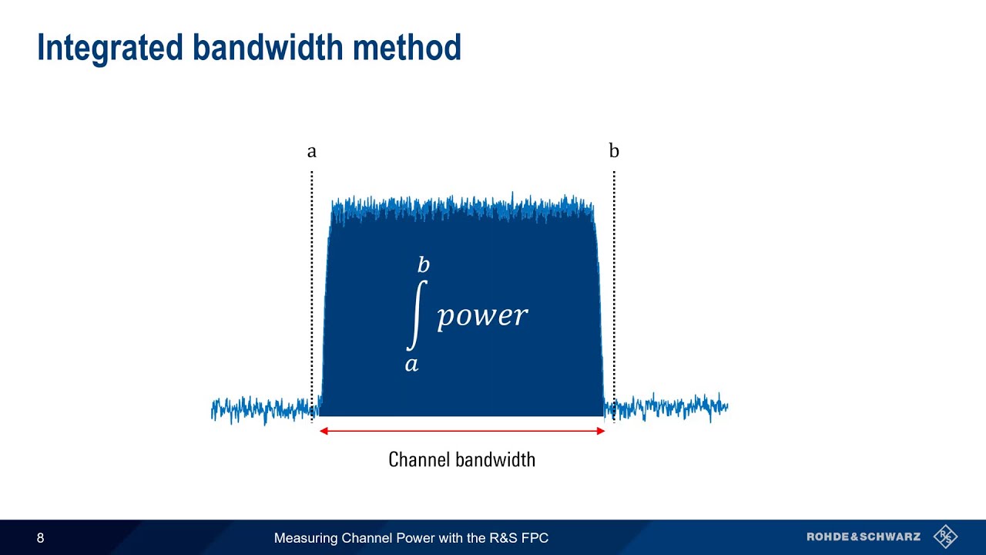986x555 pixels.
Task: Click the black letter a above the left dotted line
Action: [x=311, y=152]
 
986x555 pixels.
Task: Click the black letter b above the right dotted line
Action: [x=614, y=150]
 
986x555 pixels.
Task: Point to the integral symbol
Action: [x=416, y=314]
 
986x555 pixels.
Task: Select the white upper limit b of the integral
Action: [x=423, y=266]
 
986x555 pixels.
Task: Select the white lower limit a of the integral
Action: [x=411, y=364]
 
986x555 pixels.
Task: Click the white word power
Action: [x=482, y=315]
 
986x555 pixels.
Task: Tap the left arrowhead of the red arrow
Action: [x=324, y=431]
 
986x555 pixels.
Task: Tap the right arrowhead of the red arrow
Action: [x=601, y=431]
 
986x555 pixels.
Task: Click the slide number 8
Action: [x=41, y=538]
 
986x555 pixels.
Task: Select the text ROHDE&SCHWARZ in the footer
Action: [x=864, y=537]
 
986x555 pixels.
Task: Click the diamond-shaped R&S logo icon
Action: [x=945, y=536]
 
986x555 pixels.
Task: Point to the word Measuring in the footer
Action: [x=304, y=538]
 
